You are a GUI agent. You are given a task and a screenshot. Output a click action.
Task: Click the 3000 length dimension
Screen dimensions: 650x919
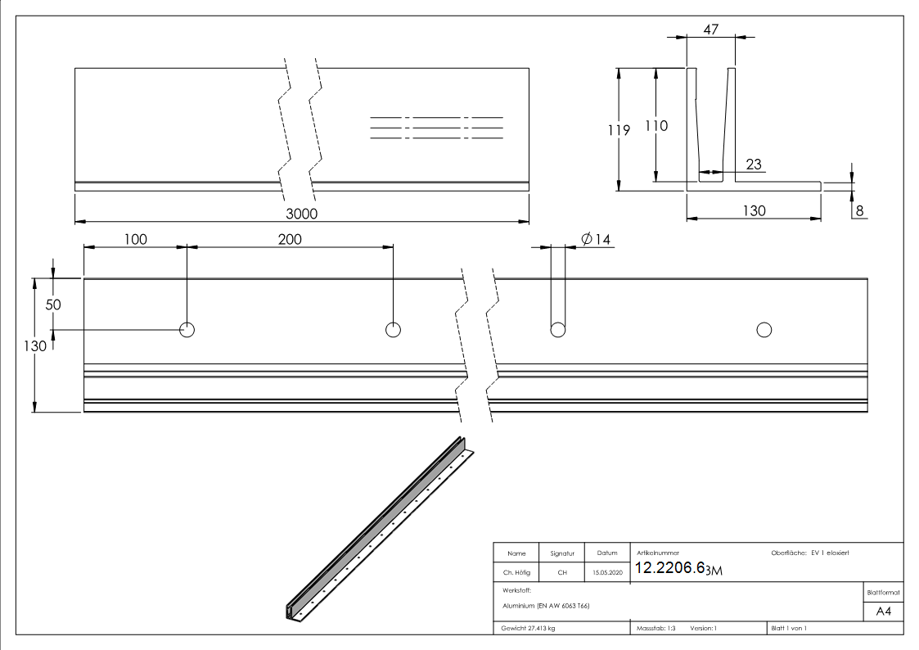point(301,214)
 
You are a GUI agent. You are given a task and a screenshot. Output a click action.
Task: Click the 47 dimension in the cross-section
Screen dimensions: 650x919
point(710,29)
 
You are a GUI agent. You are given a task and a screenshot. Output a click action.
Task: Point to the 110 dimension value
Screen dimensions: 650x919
point(656,125)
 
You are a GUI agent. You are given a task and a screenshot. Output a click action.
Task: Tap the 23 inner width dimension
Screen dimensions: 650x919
point(753,165)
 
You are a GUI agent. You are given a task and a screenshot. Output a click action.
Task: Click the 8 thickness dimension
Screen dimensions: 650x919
point(859,210)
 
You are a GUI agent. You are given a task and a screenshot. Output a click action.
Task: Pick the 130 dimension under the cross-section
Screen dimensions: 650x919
point(753,210)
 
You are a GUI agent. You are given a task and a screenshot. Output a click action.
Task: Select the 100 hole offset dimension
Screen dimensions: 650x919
point(135,239)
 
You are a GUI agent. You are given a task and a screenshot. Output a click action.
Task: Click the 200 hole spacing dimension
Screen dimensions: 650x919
point(290,239)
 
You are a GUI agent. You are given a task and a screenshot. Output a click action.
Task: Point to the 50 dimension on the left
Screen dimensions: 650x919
point(53,303)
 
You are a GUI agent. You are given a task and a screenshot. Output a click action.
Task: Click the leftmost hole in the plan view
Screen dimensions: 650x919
point(187,330)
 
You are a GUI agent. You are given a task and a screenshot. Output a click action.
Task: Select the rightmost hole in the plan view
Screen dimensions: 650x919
point(764,330)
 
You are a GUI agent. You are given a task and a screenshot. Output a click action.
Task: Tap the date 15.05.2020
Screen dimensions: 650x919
point(607,572)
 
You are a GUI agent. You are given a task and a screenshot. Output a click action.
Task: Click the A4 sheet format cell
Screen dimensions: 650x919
point(883,612)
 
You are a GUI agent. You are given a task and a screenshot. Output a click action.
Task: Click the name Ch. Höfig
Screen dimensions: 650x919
point(516,572)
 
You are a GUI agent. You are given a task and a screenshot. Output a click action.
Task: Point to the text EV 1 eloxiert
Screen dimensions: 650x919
point(830,553)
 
